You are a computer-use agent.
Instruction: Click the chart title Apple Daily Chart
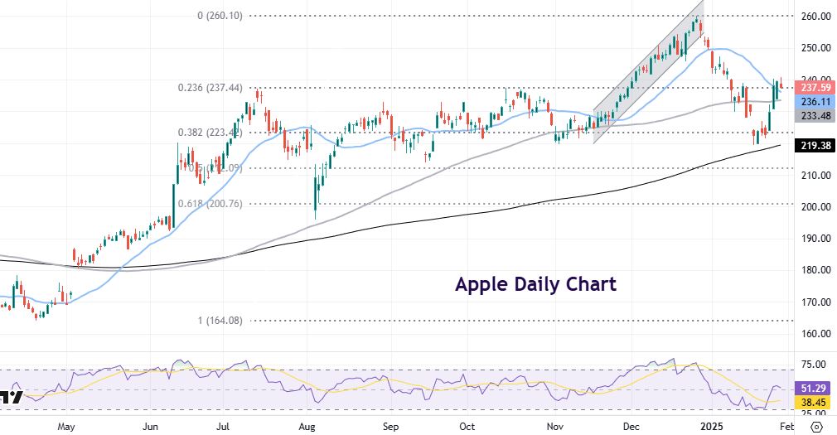(x=535, y=284)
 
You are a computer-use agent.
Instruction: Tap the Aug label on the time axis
(x=307, y=427)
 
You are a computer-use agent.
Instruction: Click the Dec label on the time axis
(x=631, y=427)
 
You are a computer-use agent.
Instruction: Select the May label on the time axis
(x=67, y=427)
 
